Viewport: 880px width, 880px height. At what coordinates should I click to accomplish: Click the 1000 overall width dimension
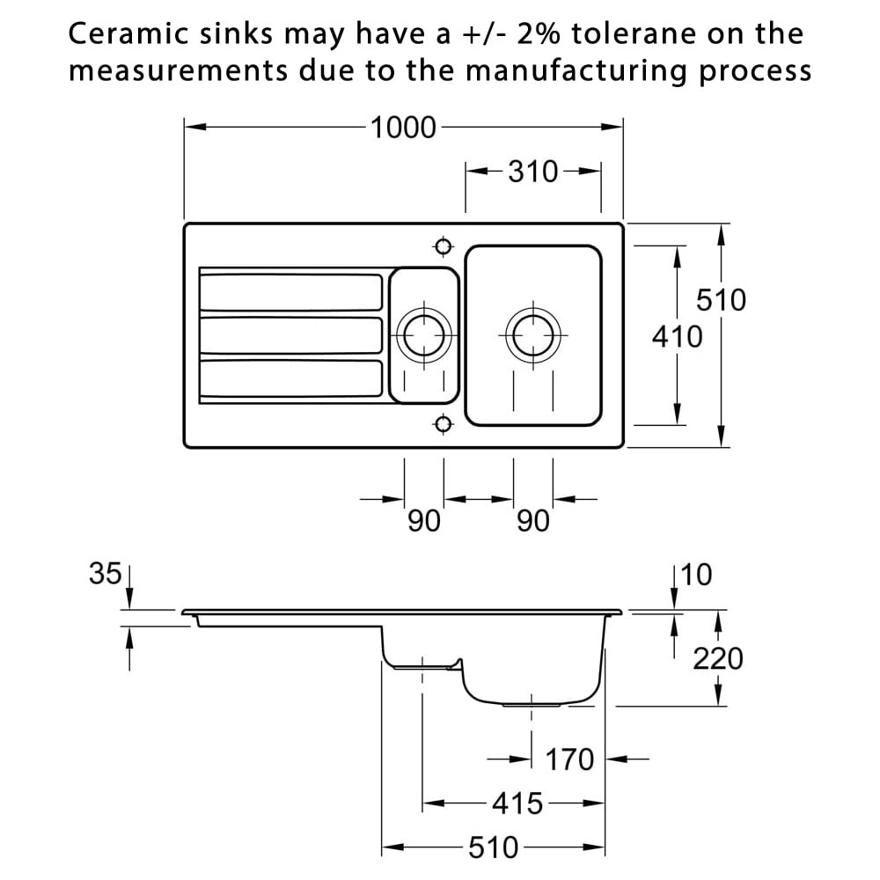(x=403, y=128)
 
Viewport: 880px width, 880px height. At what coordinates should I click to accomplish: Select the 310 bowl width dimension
(x=533, y=172)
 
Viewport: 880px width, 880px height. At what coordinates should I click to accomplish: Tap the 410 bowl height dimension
(x=677, y=336)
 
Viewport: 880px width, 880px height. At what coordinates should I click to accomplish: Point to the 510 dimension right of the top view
(x=721, y=300)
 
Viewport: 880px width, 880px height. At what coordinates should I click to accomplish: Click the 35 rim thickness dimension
(x=105, y=575)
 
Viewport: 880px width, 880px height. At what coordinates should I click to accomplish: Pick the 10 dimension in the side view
(x=696, y=575)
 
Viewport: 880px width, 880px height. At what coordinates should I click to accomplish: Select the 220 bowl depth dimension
(x=717, y=658)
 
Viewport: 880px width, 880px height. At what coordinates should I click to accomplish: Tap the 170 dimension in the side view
(x=569, y=759)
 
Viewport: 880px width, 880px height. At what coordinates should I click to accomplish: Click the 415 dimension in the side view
(x=517, y=803)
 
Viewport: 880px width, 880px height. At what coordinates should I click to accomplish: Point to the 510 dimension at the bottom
(x=493, y=848)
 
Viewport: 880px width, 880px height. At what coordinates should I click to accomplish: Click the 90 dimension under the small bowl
(x=423, y=522)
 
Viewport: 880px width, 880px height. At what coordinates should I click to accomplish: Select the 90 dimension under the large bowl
(x=532, y=522)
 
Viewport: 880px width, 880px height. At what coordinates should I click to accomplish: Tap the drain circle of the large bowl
(x=532, y=335)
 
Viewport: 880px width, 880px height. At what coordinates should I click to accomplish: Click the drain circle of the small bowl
(x=423, y=335)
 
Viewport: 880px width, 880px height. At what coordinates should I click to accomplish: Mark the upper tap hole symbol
(x=443, y=246)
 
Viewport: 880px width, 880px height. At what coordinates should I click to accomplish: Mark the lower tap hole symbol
(x=443, y=425)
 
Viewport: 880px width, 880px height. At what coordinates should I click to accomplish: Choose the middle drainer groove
(x=291, y=335)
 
